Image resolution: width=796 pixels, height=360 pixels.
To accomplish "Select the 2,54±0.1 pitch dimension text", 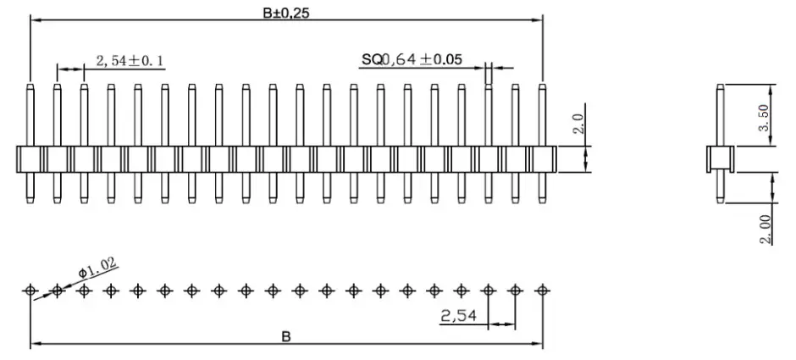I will pos(130,60).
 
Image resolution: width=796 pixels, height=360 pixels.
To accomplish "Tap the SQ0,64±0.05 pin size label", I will pos(412,59).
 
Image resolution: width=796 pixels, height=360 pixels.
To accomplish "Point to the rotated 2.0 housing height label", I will pos(578,126).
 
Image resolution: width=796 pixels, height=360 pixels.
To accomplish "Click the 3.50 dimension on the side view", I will pos(763,116).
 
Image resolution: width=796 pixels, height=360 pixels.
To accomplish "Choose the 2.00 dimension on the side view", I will pos(765,229).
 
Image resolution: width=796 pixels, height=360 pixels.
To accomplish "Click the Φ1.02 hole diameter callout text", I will pos(97,269).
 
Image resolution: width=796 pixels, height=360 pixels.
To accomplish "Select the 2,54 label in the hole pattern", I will pos(459,316).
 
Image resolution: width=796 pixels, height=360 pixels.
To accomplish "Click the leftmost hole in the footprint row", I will pos(30,291).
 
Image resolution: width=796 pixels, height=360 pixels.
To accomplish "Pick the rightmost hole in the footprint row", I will pos(542,291).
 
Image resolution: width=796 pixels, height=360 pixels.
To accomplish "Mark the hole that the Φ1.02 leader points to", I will pos(58,291).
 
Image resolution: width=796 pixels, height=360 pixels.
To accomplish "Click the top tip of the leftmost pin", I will pos(30,85).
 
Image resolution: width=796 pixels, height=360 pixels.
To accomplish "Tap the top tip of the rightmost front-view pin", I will pos(542,85).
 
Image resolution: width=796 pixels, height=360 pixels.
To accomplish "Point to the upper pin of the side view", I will pos(720,114).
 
